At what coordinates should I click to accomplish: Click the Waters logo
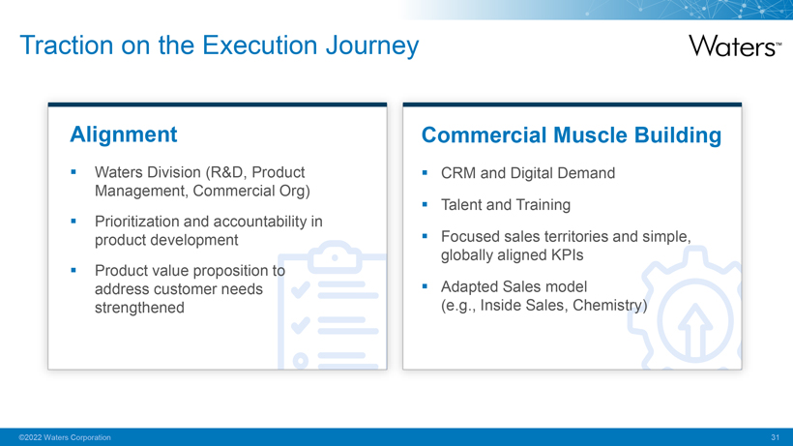tap(735, 46)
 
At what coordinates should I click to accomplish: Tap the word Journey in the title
tap(372, 46)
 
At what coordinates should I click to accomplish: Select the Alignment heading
tap(124, 134)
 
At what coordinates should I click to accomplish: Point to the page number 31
tap(775, 437)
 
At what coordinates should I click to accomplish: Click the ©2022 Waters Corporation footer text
tap(65, 437)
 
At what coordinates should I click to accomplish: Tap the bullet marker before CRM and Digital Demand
tap(425, 173)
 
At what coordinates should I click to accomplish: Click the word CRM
tap(458, 173)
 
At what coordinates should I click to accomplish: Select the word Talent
tap(461, 205)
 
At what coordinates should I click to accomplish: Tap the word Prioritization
tap(136, 222)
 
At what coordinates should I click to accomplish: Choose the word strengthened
tap(139, 308)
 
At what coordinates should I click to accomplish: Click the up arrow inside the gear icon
tap(695, 330)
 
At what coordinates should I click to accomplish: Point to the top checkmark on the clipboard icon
tap(301, 289)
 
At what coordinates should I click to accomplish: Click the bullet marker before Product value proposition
tap(73, 271)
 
